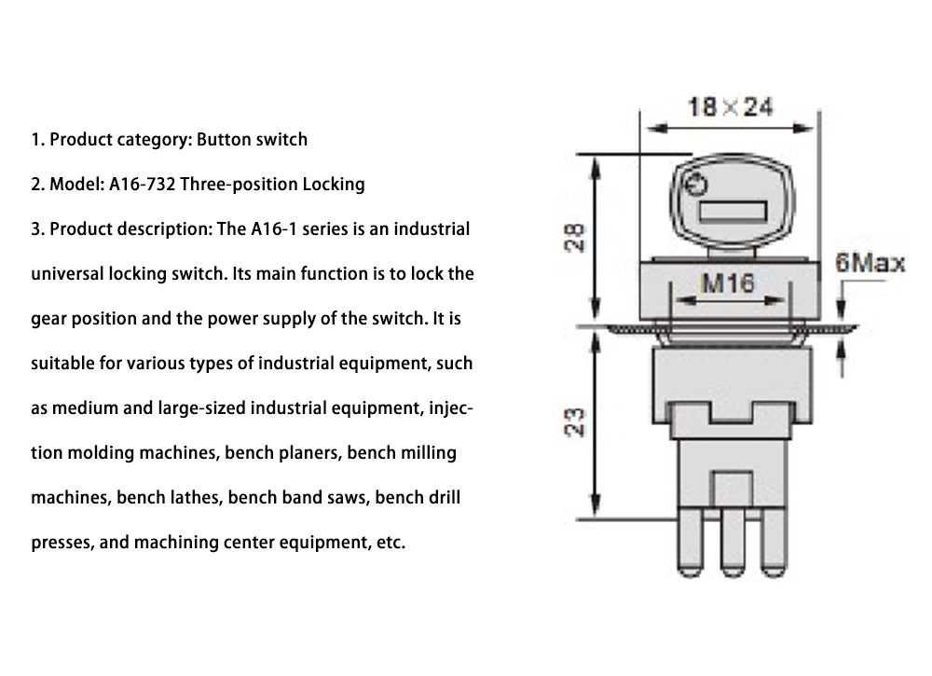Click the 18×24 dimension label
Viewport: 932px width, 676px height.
pyautogui.click(x=730, y=106)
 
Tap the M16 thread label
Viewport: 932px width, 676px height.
pyautogui.click(x=727, y=283)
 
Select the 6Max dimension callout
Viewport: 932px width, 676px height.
pyautogui.click(x=869, y=263)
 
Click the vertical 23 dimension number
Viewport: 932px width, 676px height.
pyautogui.click(x=577, y=422)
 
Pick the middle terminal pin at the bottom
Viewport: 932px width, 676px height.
pyautogui.click(x=730, y=551)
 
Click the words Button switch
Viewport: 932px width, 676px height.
pyautogui.click(x=252, y=140)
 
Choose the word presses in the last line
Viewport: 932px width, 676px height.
pyautogui.click(x=60, y=543)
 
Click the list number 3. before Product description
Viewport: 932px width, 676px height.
pyautogui.click(x=37, y=228)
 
